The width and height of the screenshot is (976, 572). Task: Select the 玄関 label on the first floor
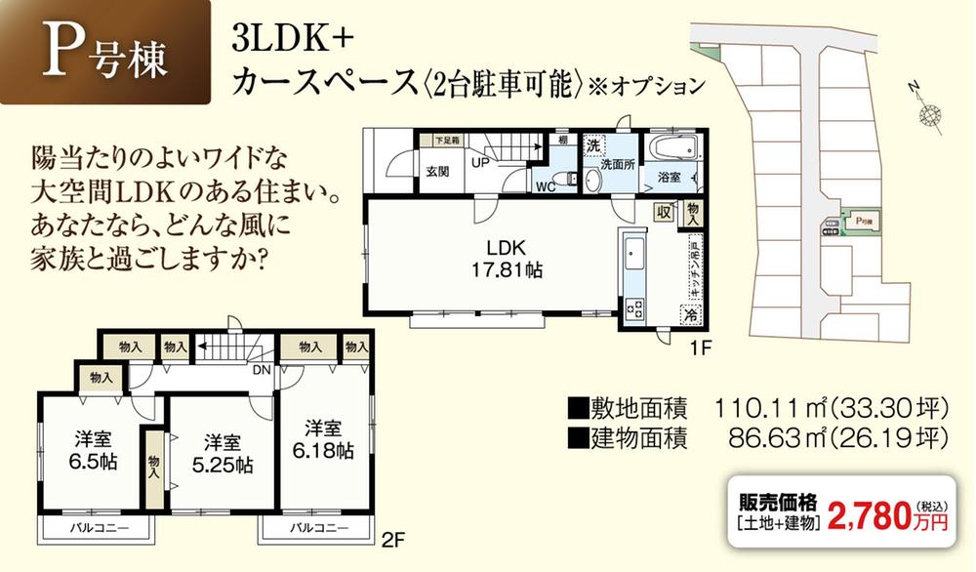pyautogui.click(x=437, y=172)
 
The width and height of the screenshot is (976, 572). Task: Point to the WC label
pyautogui.click(x=547, y=182)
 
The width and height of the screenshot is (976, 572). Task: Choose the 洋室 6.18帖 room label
pyautogui.click(x=322, y=439)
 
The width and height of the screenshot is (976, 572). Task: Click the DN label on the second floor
pyautogui.click(x=262, y=371)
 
